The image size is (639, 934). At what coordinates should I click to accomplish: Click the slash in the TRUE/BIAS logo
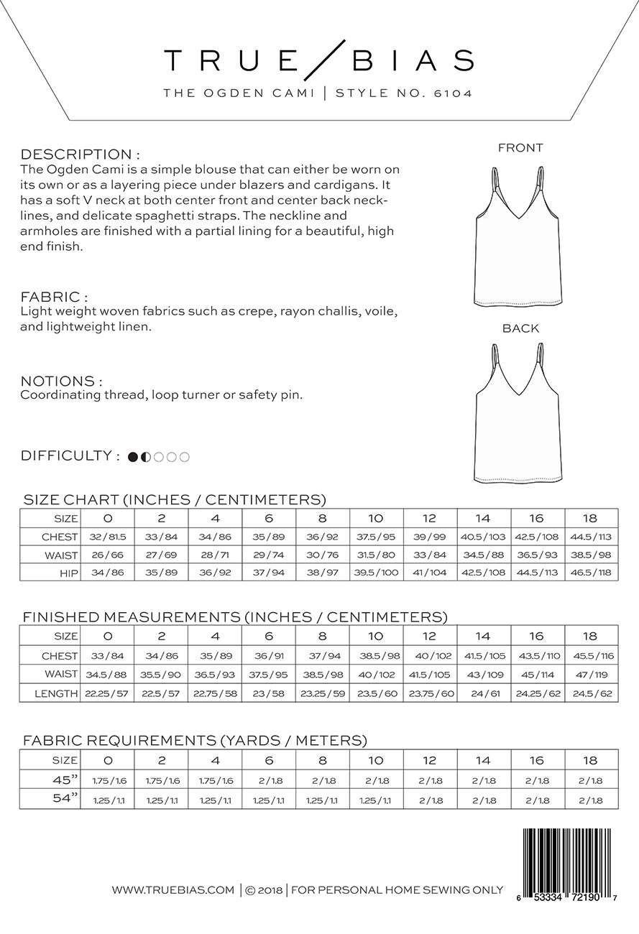(320, 60)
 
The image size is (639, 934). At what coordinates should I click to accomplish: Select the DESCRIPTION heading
(79, 154)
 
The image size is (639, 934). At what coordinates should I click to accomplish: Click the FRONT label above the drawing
(520, 148)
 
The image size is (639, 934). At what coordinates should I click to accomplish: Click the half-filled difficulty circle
(146, 456)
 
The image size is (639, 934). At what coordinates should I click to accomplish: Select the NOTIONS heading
(61, 381)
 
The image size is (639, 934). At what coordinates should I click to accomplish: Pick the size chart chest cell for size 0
(107, 537)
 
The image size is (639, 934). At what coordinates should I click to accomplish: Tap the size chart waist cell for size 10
(376, 555)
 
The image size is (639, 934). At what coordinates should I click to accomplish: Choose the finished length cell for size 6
(269, 693)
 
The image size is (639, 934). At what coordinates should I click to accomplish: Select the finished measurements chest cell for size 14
(483, 656)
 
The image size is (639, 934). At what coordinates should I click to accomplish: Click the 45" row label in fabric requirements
(64, 780)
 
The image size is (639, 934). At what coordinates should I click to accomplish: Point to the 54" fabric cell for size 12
(430, 800)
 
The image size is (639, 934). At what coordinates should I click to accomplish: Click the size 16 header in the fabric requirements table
(537, 759)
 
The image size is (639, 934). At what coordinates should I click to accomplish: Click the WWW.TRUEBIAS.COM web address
(173, 890)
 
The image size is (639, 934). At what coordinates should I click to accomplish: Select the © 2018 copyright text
(263, 890)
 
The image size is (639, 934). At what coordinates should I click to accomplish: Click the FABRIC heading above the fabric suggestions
(54, 297)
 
